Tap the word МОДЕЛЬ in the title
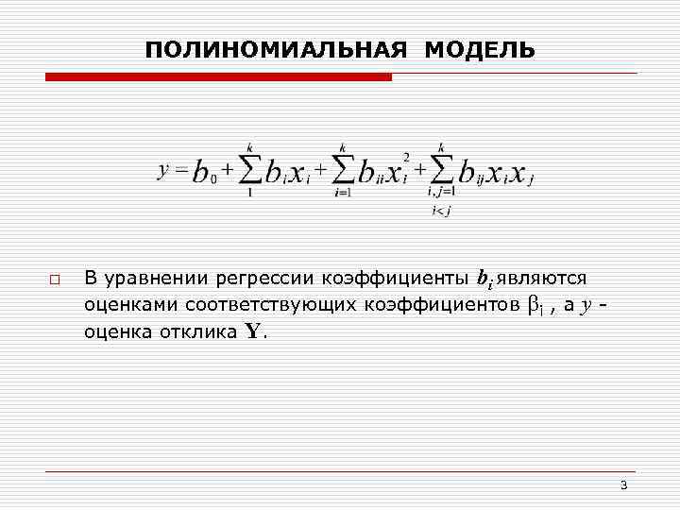pos(480,49)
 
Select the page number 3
pos(623,485)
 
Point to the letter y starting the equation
pos(162,170)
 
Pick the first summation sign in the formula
pos(249,170)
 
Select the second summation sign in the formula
pos(343,170)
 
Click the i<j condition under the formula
pos(440,210)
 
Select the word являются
pos(548,279)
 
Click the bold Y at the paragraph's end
pos(252,332)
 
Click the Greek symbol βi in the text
pos(535,306)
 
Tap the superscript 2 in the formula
pos(405,156)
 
